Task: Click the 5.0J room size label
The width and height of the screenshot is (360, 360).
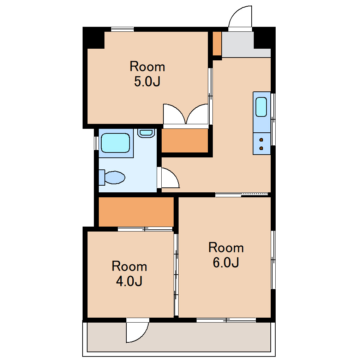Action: (x=147, y=82)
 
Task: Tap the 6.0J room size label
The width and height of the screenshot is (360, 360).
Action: (x=226, y=263)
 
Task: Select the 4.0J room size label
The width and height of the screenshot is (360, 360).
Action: (x=129, y=281)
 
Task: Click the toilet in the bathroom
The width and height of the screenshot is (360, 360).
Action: (x=112, y=177)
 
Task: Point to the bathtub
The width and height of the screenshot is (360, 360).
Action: (x=115, y=143)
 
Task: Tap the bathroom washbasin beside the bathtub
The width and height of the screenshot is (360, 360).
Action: (x=146, y=133)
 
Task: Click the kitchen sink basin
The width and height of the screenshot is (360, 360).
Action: (x=261, y=107)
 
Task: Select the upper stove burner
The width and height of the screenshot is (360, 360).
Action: (x=261, y=140)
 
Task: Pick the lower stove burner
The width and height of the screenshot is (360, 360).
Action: (x=261, y=148)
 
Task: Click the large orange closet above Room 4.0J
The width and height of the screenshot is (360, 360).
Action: (x=136, y=212)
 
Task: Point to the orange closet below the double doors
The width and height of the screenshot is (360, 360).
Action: (x=185, y=140)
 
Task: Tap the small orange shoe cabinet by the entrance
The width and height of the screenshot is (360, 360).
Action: (x=217, y=43)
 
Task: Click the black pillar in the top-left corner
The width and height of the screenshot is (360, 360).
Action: (x=94, y=38)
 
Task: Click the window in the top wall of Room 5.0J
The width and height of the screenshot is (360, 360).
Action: (x=122, y=29)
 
